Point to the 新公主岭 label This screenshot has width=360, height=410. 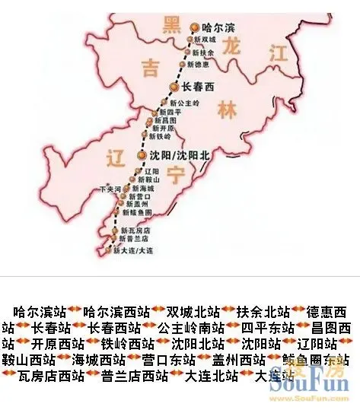(184, 102)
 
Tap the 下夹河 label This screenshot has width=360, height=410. (110, 188)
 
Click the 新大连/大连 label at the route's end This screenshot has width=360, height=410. (133, 249)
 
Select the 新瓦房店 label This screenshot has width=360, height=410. (137, 230)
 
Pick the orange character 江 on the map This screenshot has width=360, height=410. (278, 52)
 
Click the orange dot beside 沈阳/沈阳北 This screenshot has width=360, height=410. (141, 155)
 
